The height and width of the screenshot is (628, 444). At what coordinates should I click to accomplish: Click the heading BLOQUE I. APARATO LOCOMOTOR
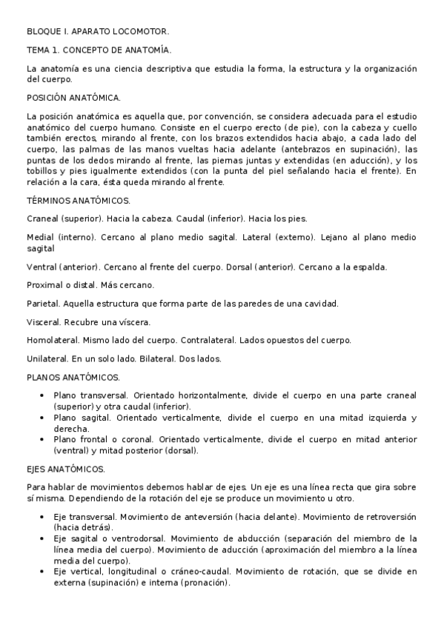(98, 32)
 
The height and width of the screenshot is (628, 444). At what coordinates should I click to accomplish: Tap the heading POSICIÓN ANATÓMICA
(74, 97)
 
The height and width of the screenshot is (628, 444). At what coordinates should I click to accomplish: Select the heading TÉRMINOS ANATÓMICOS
(79, 201)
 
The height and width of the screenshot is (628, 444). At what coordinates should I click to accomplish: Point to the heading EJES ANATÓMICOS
(66, 470)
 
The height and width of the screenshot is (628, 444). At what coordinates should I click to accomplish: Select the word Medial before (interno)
(41, 237)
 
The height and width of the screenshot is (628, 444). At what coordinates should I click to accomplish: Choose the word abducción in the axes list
(249, 538)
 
